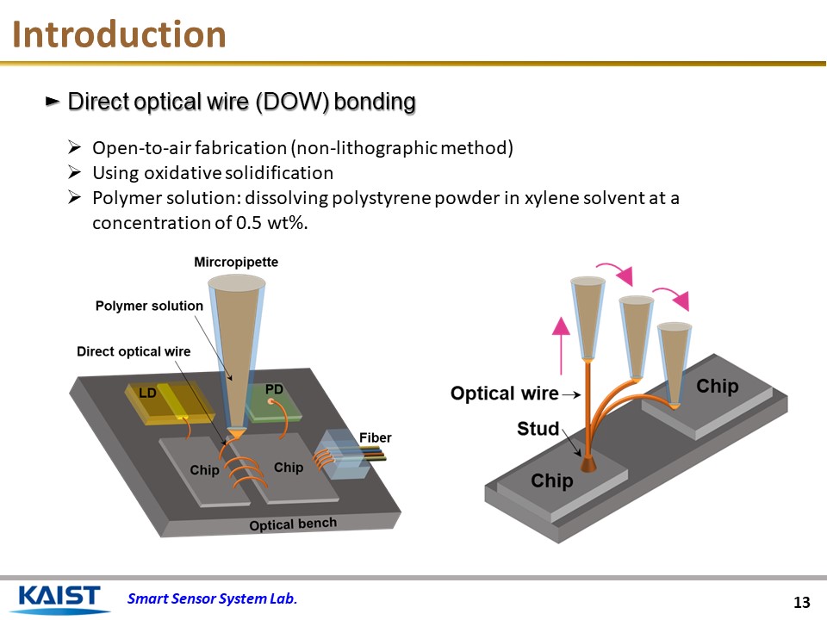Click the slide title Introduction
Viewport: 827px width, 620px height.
click(x=120, y=34)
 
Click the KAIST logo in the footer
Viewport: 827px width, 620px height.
click(x=59, y=598)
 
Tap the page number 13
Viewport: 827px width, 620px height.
click(x=802, y=601)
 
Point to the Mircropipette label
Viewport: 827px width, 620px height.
click(x=236, y=262)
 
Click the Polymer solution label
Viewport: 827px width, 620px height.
click(x=149, y=306)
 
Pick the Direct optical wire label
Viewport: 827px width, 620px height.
click(x=134, y=351)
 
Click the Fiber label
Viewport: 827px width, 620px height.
click(x=375, y=438)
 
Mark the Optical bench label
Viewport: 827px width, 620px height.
click(x=292, y=524)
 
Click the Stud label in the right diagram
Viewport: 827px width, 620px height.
click(x=538, y=428)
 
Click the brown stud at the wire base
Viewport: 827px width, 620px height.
click(x=588, y=464)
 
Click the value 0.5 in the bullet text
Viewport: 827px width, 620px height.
click(x=246, y=222)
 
